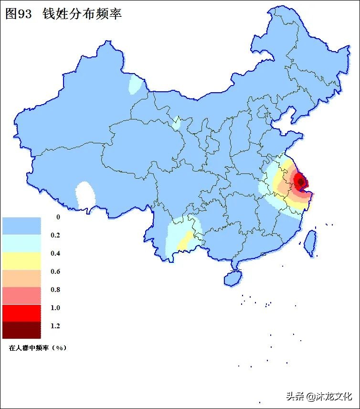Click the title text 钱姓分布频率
[x=82, y=14]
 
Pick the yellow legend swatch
[x=21, y=260]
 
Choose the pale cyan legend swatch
[x=21, y=243]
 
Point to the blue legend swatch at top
[x=21, y=226]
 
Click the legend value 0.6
[x=55, y=271]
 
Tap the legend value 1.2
[x=55, y=326]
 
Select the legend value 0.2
[x=55, y=235]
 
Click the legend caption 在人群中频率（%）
[x=37, y=348]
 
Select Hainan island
[x=233, y=278]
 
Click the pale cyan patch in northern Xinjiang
[x=137, y=85]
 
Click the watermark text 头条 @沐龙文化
[x=319, y=396]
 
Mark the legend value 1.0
[x=55, y=308]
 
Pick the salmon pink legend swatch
[x=21, y=295]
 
